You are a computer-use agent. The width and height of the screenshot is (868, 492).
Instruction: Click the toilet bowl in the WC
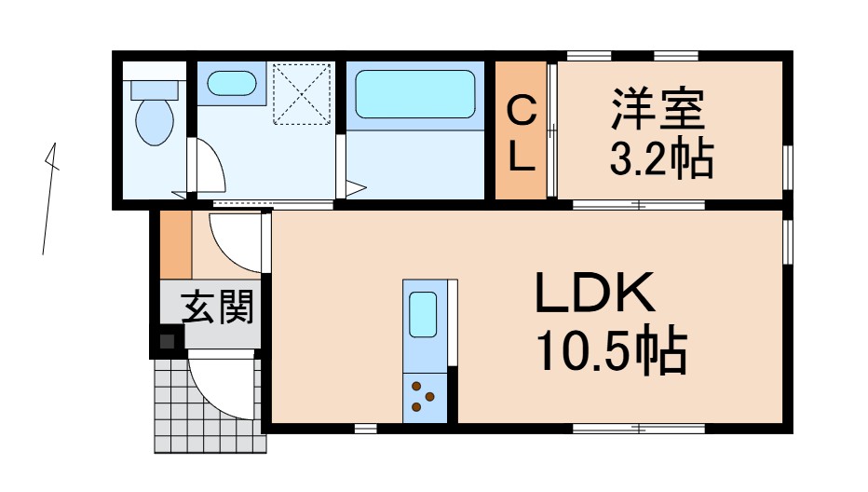(154, 122)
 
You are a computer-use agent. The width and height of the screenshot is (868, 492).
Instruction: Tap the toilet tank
(154, 89)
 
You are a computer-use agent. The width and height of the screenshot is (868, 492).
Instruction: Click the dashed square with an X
(302, 93)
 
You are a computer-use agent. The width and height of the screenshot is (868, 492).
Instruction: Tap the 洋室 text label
(658, 111)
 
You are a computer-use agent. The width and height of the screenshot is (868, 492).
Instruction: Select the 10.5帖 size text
(610, 352)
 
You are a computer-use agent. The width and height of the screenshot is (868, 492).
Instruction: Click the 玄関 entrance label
(217, 307)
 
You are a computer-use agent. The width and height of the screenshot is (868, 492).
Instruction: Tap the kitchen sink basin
(424, 315)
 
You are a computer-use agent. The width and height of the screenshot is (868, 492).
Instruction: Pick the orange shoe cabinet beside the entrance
(174, 245)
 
